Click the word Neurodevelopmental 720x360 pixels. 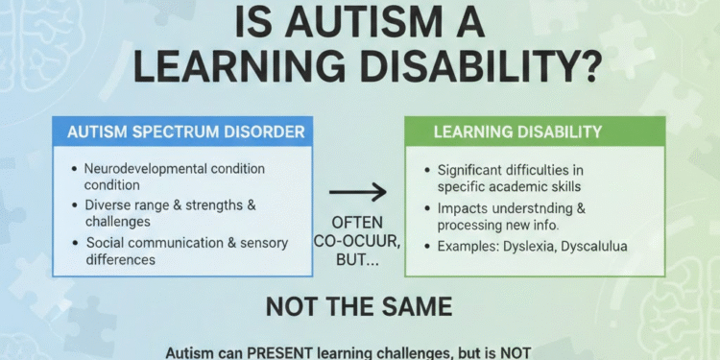point(142,169)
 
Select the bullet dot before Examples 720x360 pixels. point(427,246)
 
